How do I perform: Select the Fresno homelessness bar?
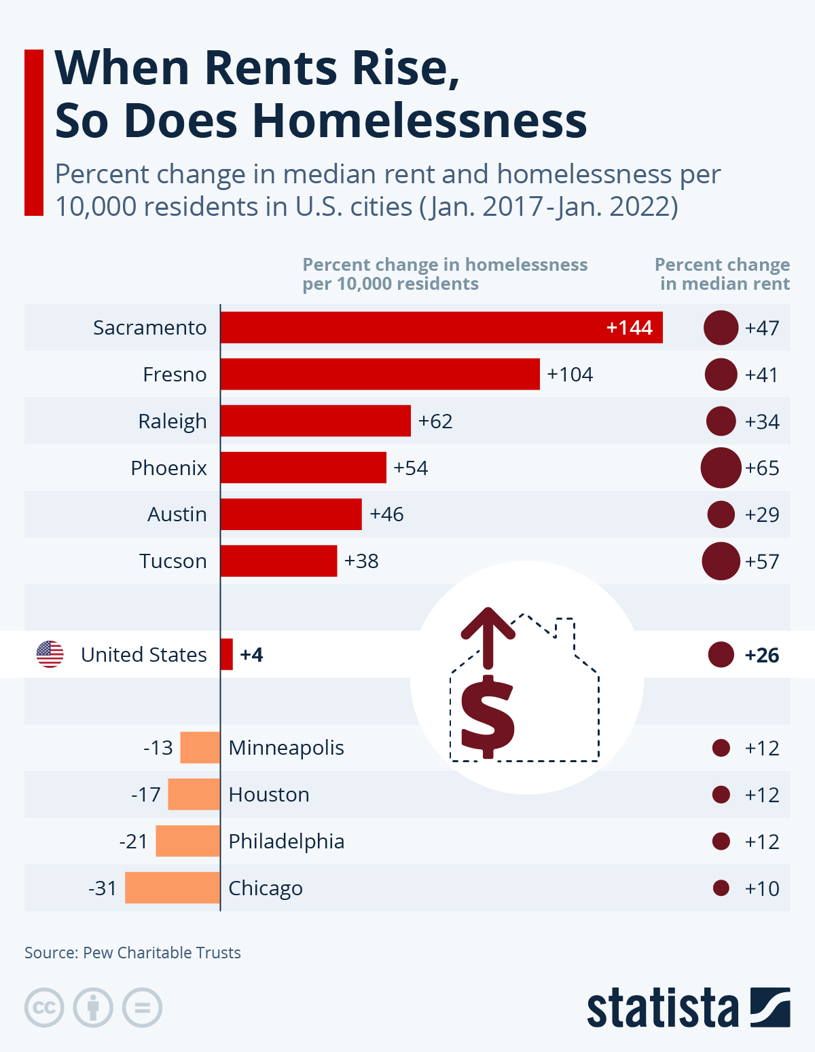(380, 374)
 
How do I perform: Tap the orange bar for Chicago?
(173, 888)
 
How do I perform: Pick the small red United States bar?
(227, 654)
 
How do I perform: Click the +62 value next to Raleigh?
(435, 421)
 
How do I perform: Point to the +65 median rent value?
(762, 468)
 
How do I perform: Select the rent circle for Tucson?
(721, 561)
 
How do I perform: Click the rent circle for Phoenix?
(721, 468)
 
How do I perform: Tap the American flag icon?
(50, 654)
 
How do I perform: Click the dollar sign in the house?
(488, 716)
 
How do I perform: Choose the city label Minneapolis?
(286, 747)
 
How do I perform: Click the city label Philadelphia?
(286, 841)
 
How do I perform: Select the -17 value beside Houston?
(146, 794)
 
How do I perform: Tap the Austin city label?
(177, 514)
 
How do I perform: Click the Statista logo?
(688, 1008)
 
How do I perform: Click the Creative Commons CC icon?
(44, 1007)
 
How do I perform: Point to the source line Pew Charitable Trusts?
(132, 952)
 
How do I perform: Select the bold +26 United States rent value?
(762, 655)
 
